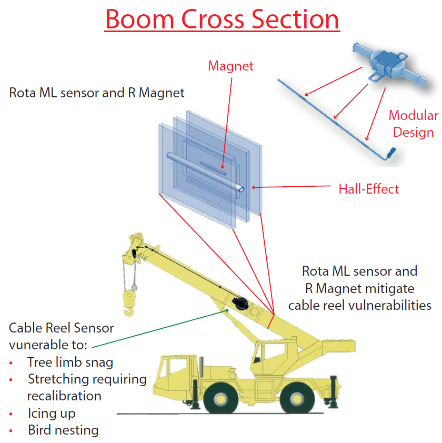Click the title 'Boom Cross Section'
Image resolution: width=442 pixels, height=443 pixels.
click(x=222, y=19)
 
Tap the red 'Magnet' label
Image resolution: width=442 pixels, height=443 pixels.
click(x=230, y=66)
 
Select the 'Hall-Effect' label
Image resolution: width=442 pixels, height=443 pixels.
click(x=368, y=188)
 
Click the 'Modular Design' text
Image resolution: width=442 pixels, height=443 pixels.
click(x=413, y=124)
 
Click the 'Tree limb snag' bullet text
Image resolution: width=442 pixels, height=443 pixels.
click(x=70, y=362)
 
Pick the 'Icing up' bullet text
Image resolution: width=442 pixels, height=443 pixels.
click(x=52, y=413)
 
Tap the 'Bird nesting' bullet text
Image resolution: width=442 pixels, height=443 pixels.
click(x=63, y=430)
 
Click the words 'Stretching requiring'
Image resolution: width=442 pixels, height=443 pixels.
click(x=87, y=379)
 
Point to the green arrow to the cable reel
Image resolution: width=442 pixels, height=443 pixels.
click(x=158, y=329)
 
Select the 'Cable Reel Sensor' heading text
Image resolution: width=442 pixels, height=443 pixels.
click(x=61, y=328)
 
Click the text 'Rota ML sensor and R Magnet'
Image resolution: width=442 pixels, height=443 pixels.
click(x=97, y=93)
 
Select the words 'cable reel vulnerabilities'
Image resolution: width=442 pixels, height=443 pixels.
click(x=359, y=305)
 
